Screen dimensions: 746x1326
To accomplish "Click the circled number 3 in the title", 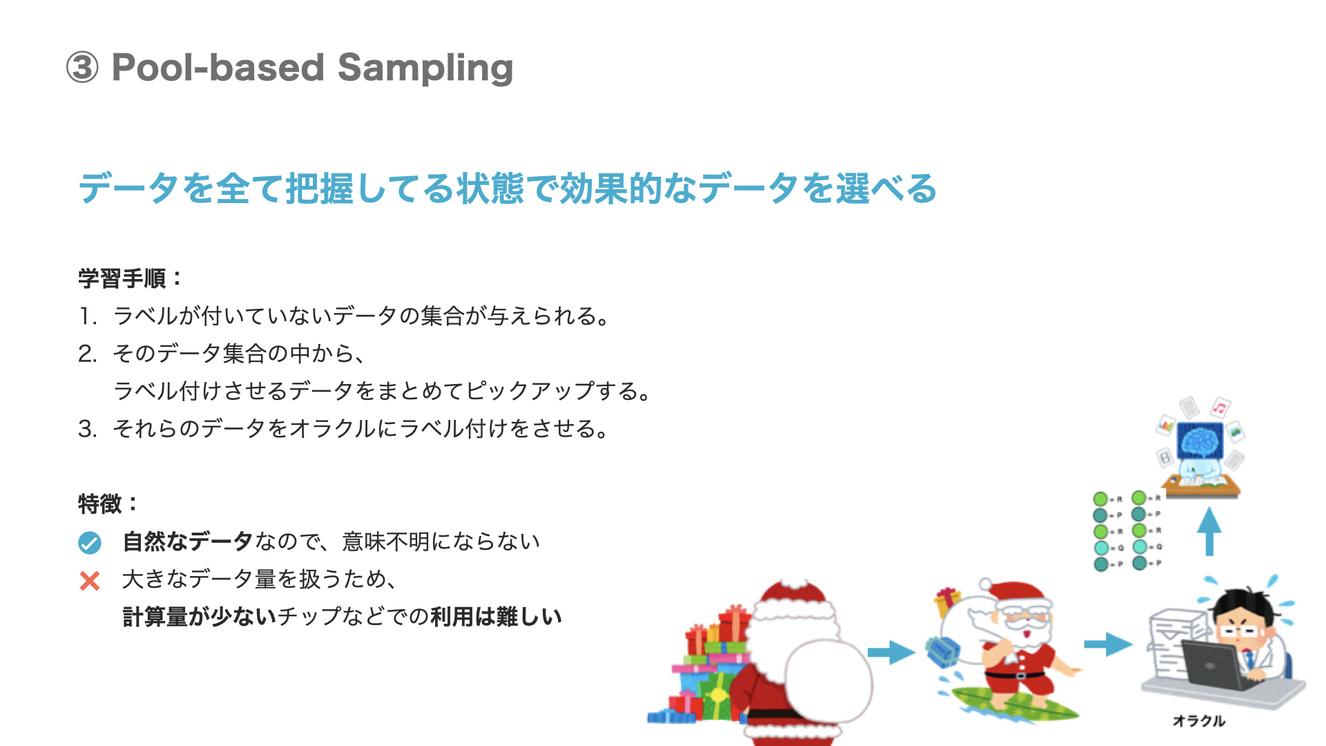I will pyautogui.click(x=82, y=68).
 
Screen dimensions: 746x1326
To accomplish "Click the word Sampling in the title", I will pyautogui.click(x=425, y=68).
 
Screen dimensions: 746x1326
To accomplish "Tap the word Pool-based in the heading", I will pyautogui.click(x=218, y=68).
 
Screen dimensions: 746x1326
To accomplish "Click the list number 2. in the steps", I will pyautogui.click(x=87, y=354).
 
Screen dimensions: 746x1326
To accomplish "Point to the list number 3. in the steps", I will pyautogui.click(x=87, y=429).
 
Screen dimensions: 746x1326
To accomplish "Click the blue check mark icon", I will pyautogui.click(x=90, y=543).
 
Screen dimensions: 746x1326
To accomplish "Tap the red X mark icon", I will pyautogui.click(x=90, y=581).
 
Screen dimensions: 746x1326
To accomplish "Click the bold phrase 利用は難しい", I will pyautogui.click(x=496, y=617).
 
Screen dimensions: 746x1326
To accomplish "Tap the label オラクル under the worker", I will pyautogui.click(x=1198, y=721).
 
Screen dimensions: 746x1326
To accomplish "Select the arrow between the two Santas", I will pyautogui.click(x=890, y=652).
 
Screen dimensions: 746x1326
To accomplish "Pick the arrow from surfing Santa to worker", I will pyautogui.click(x=1107, y=644).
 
